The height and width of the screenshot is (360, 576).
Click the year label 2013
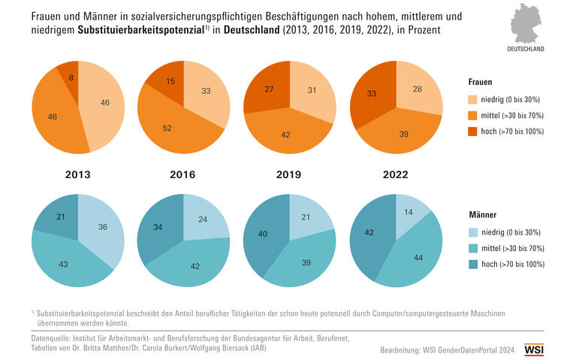tap(78, 174)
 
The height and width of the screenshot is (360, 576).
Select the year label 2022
tap(396, 174)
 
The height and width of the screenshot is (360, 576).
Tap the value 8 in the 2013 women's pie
tap(71, 77)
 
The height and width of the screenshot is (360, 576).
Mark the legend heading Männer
tap(482, 214)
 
